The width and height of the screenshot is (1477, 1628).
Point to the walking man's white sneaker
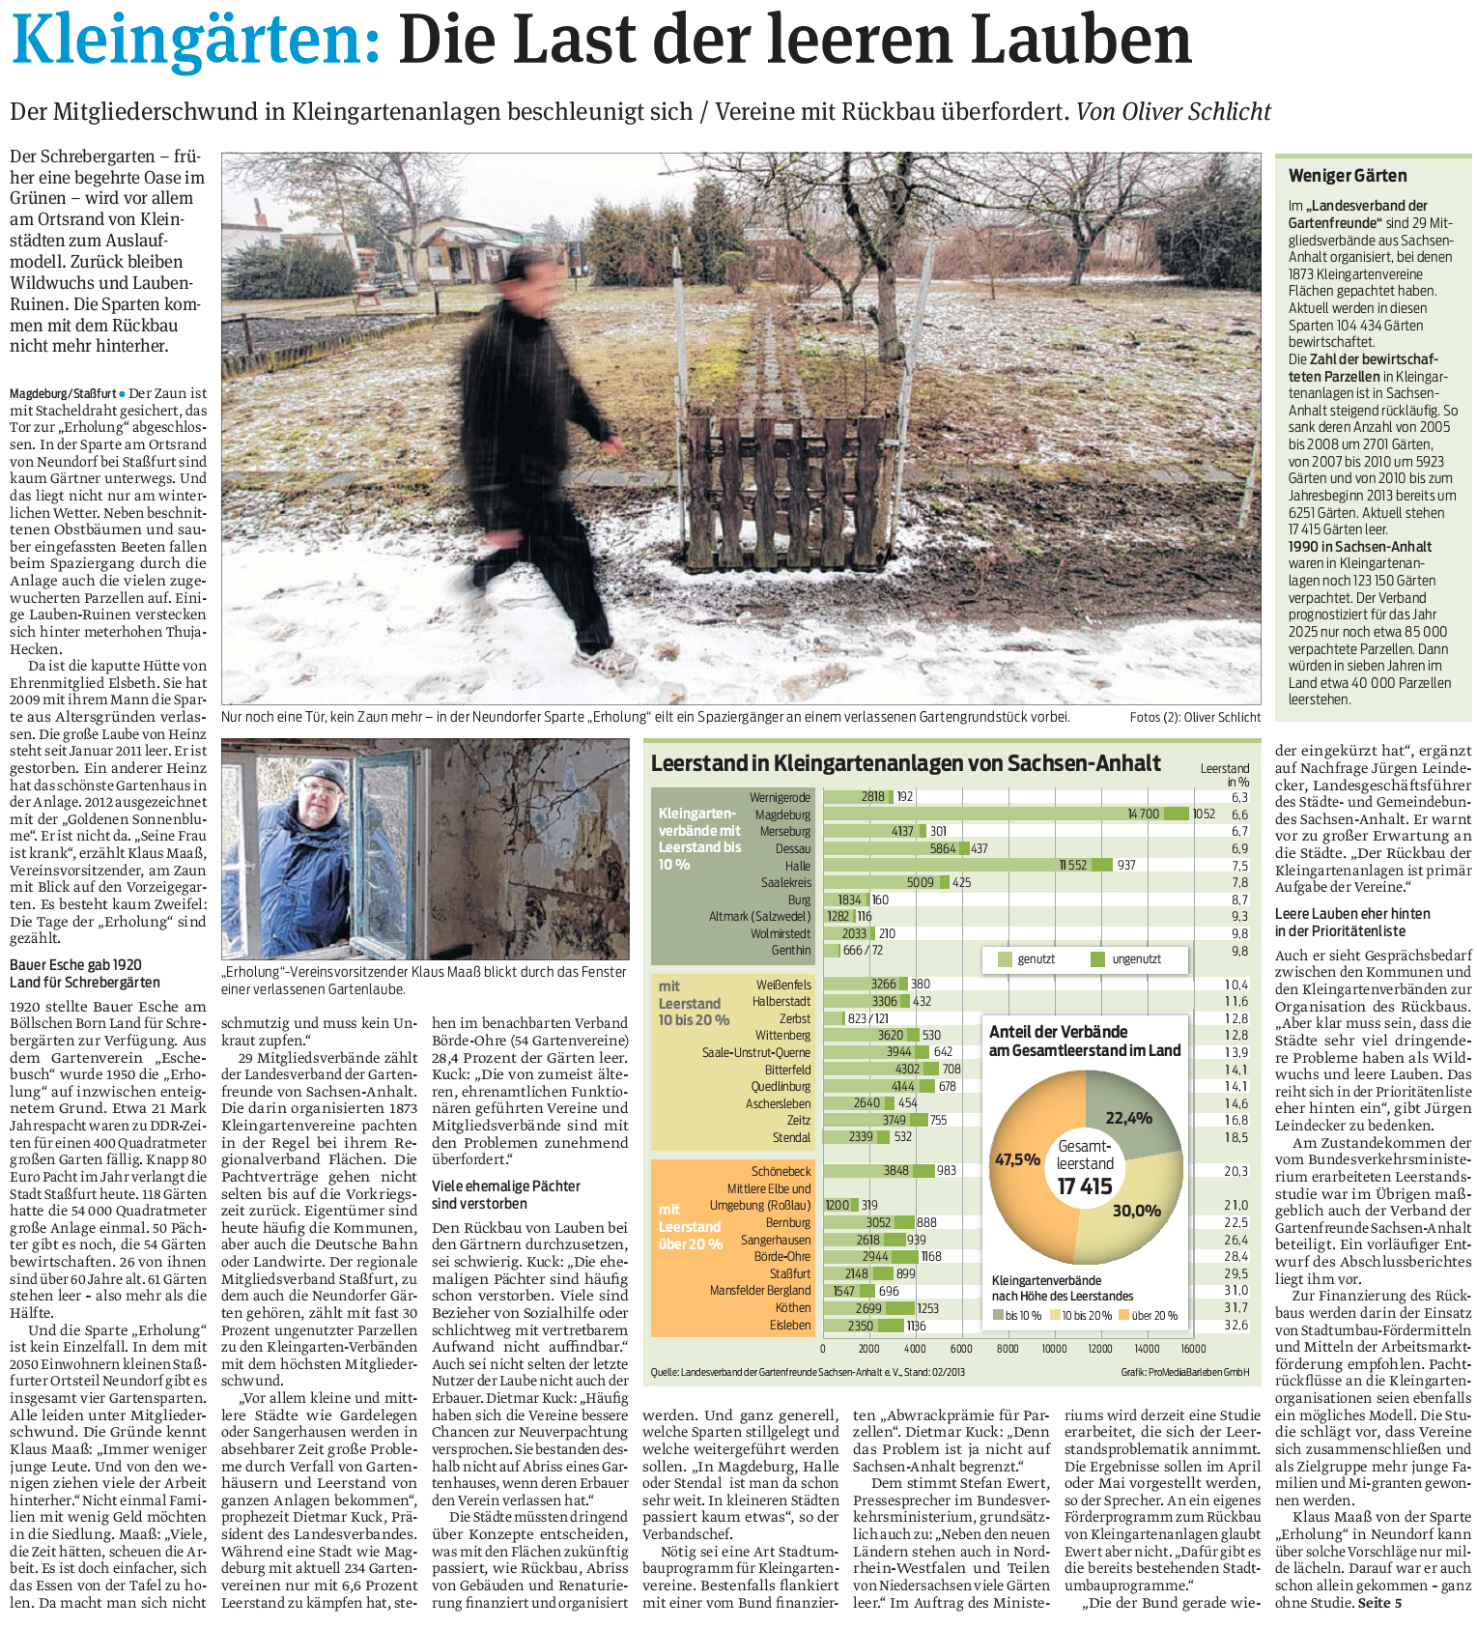[605, 661]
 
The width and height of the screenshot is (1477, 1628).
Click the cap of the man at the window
[321, 774]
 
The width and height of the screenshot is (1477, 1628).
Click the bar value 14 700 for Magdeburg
[1143, 814]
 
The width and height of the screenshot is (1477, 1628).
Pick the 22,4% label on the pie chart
[1128, 1118]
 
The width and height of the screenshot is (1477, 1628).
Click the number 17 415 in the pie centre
[1085, 1185]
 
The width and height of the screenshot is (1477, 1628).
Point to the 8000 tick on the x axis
[1008, 1349]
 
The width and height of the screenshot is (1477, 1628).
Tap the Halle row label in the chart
[797, 866]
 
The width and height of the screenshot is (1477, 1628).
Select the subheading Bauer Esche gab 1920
[75, 964]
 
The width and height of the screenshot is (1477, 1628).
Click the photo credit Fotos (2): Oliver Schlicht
[1195, 717]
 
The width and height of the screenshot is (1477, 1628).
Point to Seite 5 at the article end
[1379, 1603]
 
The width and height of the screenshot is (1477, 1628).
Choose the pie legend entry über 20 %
[1153, 1315]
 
